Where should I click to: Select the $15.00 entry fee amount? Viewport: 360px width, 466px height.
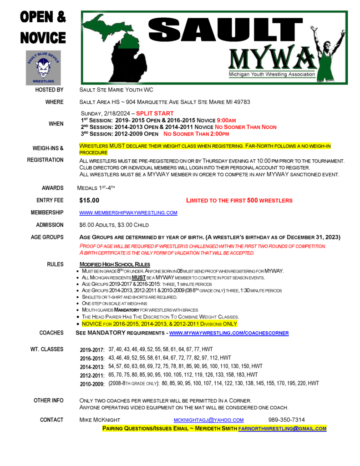pyautogui.click(x=89, y=200)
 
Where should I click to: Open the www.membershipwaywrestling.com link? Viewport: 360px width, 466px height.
pyautogui.click(x=128, y=213)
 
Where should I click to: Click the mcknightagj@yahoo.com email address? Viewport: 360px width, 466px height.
pyautogui.click(x=208, y=420)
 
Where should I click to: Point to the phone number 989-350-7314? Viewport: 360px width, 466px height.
pyautogui.click(x=286, y=420)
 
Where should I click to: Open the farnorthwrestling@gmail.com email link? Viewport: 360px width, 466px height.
pyautogui.click(x=282, y=429)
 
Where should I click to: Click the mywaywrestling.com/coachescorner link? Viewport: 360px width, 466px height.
pyautogui.click(x=228, y=333)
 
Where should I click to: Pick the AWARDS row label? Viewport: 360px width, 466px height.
pyautogui.click(x=52, y=188)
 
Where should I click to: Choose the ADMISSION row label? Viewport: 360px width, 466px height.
pyautogui.click(x=50, y=225)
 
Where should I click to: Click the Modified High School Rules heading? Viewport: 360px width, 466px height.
pyautogui.click(x=115, y=265)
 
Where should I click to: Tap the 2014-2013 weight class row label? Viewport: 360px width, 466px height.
pyautogui.click(x=92, y=366)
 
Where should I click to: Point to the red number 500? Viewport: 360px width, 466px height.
pyautogui.click(x=252, y=200)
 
